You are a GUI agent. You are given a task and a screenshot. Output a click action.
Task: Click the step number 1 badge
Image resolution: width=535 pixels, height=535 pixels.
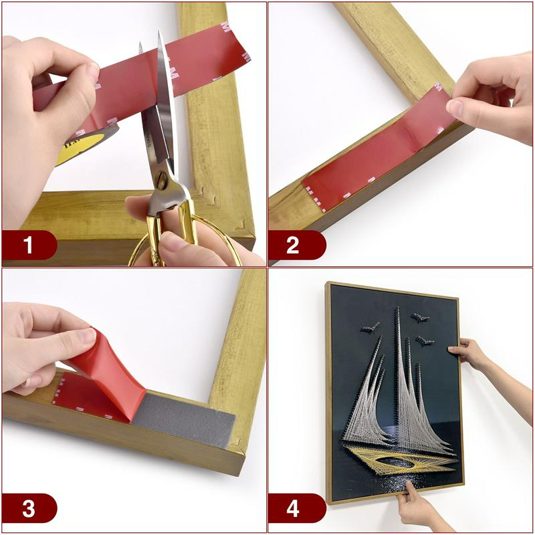point(28,245)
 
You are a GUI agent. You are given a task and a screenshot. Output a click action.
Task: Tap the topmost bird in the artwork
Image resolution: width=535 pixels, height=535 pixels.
point(420,318)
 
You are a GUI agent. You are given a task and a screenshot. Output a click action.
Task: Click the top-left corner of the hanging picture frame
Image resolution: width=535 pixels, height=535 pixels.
point(328,284)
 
